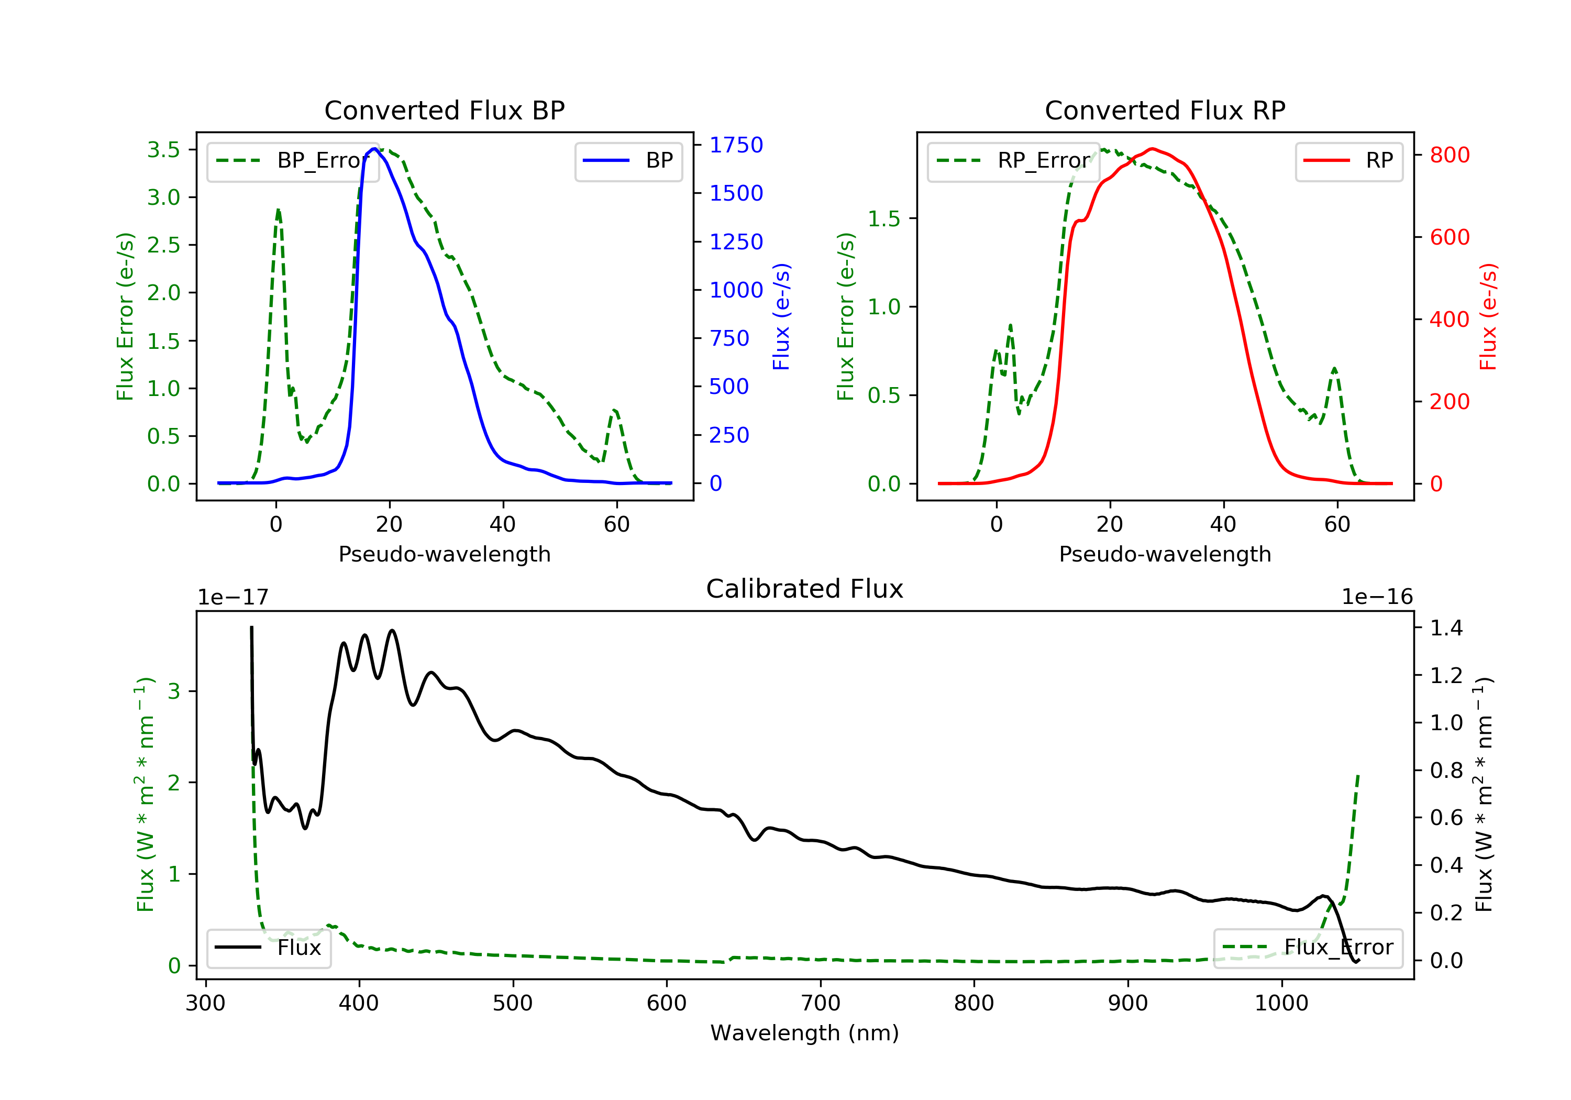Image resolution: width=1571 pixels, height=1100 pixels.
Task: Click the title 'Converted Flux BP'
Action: (444, 110)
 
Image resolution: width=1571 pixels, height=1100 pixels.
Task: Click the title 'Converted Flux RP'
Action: (1165, 110)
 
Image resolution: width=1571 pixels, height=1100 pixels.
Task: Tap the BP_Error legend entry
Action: (293, 161)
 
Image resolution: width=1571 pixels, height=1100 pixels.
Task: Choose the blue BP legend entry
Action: (628, 161)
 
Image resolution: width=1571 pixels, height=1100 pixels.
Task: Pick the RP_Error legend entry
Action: (1013, 161)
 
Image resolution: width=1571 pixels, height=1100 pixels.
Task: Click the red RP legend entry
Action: (1348, 161)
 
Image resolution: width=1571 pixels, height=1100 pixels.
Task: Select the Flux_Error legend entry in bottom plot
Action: (1308, 948)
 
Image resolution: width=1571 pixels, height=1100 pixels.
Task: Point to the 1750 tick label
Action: (736, 145)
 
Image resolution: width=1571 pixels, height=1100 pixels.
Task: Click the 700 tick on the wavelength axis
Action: (821, 1004)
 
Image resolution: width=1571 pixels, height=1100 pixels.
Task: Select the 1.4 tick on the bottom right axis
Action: (1446, 628)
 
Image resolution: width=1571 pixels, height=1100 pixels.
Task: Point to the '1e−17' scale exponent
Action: (233, 598)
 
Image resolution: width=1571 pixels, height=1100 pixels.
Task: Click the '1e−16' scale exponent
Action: (1377, 597)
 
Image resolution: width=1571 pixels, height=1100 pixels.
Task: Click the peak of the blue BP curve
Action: (373, 149)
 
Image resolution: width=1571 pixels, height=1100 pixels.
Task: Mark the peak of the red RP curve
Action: (1152, 149)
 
